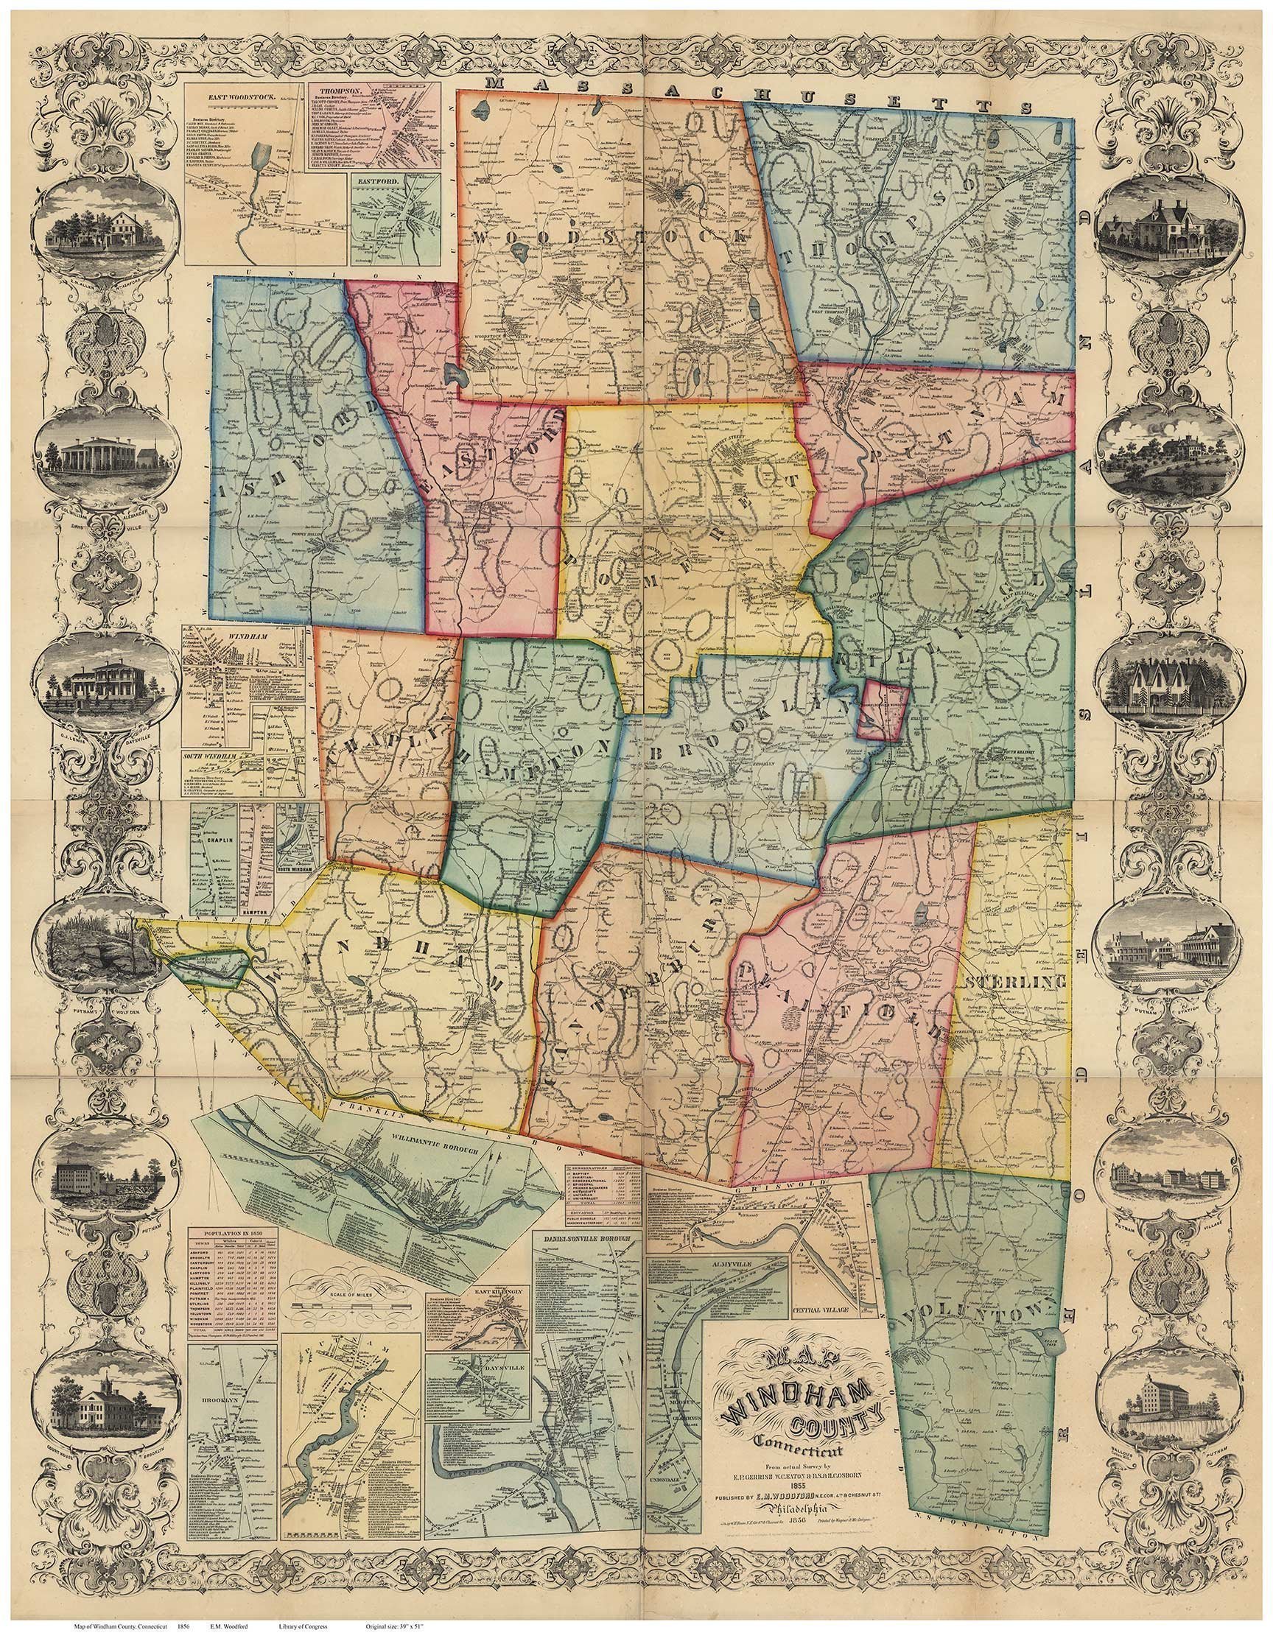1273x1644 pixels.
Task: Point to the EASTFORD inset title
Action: (376, 180)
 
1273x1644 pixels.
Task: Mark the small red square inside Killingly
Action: (886, 710)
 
